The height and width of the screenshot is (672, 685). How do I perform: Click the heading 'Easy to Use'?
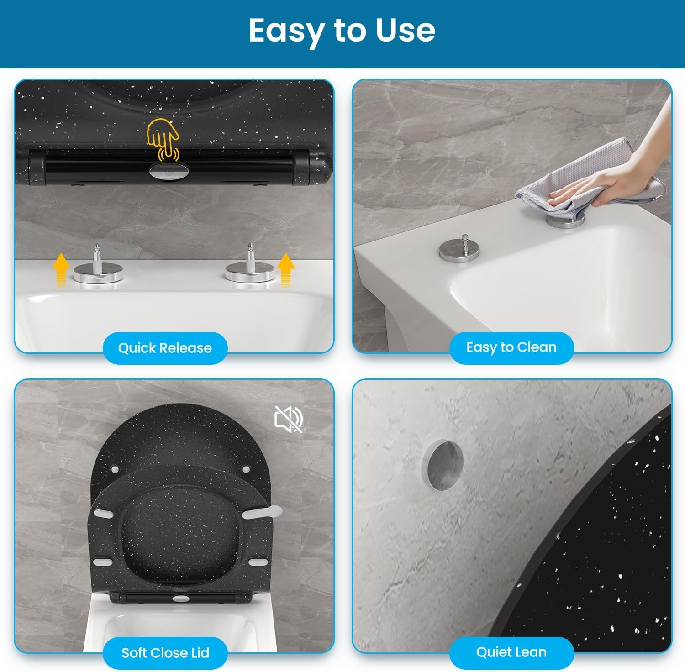click(x=342, y=31)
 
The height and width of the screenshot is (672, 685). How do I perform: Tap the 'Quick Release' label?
click(x=165, y=348)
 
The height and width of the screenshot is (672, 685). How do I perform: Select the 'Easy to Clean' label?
click(x=511, y=347)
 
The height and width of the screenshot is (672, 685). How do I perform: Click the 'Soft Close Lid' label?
click(x=165, y=653)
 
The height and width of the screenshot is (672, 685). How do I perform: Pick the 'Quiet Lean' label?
click(x=511, y=652)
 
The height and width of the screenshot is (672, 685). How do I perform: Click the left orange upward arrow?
click(x=61, y=271)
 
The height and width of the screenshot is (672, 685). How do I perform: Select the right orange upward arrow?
click(x=285, y=270)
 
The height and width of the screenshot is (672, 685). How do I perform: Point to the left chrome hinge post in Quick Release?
click(x=97, y=271)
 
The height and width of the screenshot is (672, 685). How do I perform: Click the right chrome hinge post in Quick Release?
click(x=250, y=269)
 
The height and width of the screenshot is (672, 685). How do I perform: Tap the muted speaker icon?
click(x=289, y=419)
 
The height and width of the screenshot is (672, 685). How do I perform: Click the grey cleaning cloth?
click(x=589, y=183)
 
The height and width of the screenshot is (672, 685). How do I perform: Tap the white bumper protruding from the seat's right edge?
click(x=262, y=512)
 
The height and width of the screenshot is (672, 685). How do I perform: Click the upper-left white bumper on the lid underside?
click(x=114, y=469)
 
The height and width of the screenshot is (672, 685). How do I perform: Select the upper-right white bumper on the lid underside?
click(x=246, y=469)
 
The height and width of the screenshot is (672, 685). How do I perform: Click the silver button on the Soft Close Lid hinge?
click(x=181, y=598)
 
